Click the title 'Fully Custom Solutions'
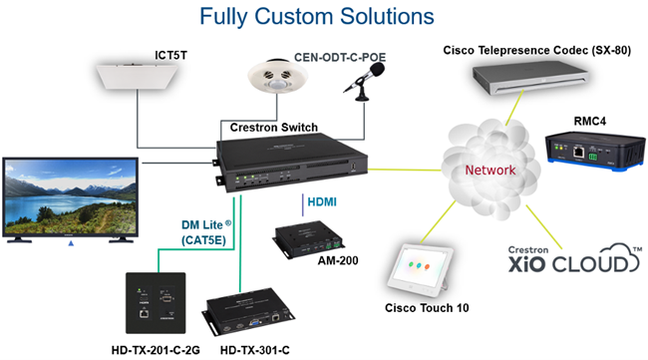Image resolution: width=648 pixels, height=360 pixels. click(x=316, y=17)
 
